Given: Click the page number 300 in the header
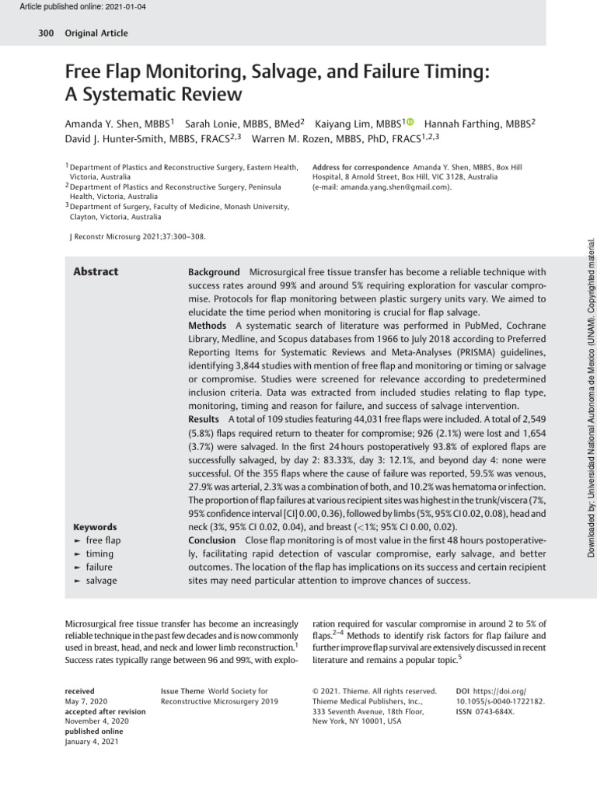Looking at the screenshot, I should (45, 33).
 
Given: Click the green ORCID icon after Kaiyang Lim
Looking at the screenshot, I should (410, 122).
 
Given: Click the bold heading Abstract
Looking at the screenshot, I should (95, 271).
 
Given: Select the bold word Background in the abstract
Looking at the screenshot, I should (214, 272).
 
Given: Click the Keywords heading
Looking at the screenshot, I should (94, 526).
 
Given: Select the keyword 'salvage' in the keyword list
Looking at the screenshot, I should (101, 580).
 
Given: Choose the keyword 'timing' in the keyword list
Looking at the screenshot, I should (99, 553).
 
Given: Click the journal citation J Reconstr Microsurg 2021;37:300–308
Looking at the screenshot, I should (138, 236).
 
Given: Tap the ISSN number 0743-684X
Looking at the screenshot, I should (496, 711).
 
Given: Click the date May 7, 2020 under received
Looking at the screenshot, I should (86, 700).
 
